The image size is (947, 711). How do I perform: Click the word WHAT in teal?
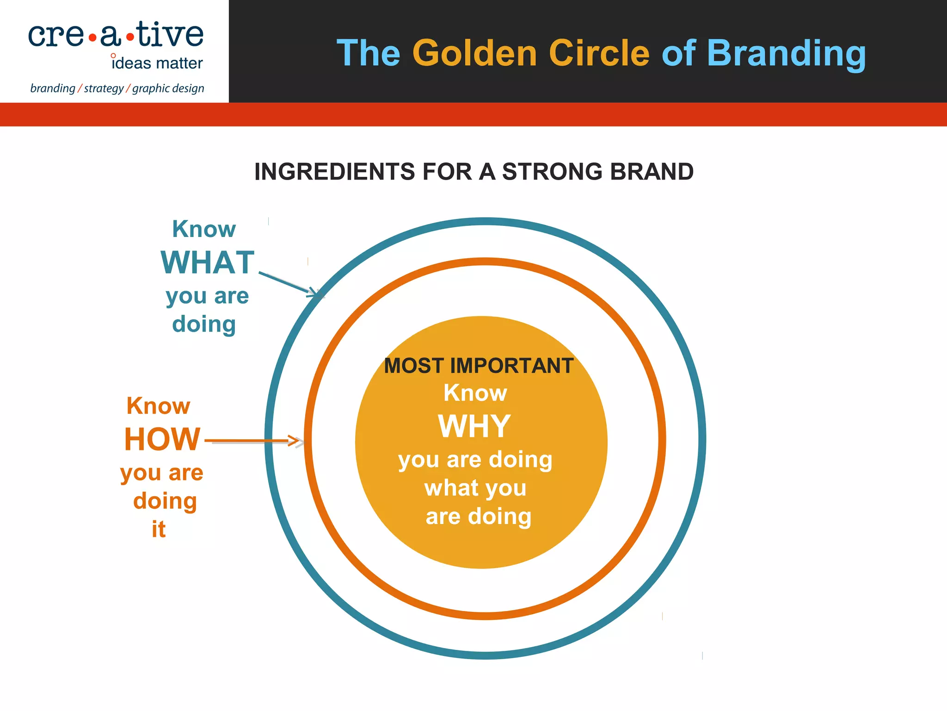coord(208,263)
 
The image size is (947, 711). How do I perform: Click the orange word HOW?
coord(162,439)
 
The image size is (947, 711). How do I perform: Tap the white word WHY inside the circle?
coord(474,426)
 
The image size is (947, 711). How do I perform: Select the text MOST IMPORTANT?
coord(479,366)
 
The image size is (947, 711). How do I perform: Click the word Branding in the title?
coord(786,54)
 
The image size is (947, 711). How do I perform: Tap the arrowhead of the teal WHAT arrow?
coord(315,293)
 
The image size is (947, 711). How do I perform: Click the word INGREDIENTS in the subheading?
coord(334,172)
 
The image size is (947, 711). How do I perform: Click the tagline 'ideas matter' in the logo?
coord(157,63)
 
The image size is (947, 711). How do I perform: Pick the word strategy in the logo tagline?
coord(104,88)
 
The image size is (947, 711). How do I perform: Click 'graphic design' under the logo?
coord(168,88)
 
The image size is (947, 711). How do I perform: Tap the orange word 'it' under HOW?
coord(158,529)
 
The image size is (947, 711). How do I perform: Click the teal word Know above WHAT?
coord(204,229)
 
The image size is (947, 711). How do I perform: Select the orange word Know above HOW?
coord(158,406)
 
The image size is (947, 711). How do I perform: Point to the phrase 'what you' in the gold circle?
coord(475,488)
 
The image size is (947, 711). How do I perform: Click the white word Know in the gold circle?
coord(475,393)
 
